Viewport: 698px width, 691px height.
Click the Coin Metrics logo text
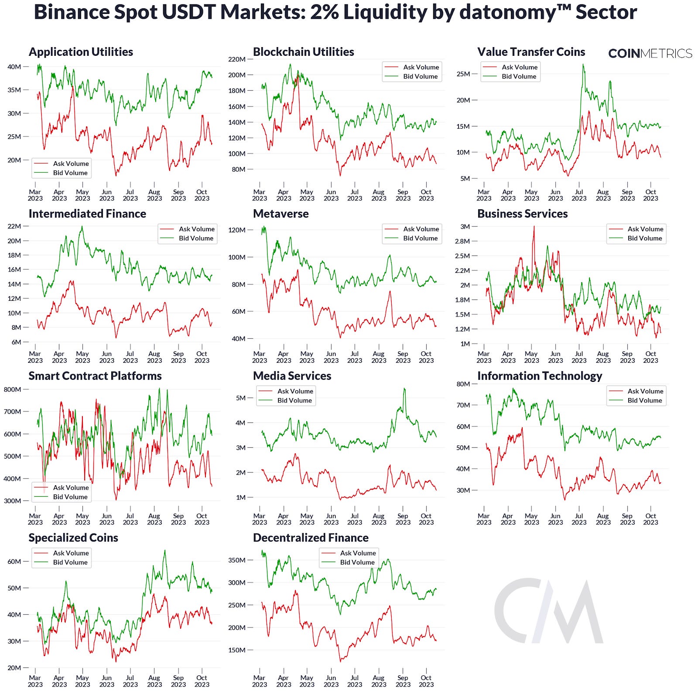650,53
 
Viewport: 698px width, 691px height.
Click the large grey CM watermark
548,611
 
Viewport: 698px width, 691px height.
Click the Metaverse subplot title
281,214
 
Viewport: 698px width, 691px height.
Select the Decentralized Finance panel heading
311,538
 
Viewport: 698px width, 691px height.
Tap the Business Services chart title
522,214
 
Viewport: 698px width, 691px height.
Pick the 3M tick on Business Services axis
465,226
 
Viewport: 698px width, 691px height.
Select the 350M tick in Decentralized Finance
237,560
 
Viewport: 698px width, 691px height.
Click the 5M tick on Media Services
240,398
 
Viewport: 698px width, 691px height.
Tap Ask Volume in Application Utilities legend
71,163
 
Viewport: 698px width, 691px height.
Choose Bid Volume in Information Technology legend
644,400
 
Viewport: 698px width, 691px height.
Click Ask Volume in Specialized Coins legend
71,553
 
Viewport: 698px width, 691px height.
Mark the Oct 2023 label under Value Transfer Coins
650,195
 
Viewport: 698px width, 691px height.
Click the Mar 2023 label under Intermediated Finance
35,357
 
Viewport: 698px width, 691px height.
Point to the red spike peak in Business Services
534,227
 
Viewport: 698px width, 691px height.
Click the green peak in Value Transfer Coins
583,65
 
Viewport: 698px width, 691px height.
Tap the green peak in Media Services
404,388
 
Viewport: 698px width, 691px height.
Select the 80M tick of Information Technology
463,384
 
